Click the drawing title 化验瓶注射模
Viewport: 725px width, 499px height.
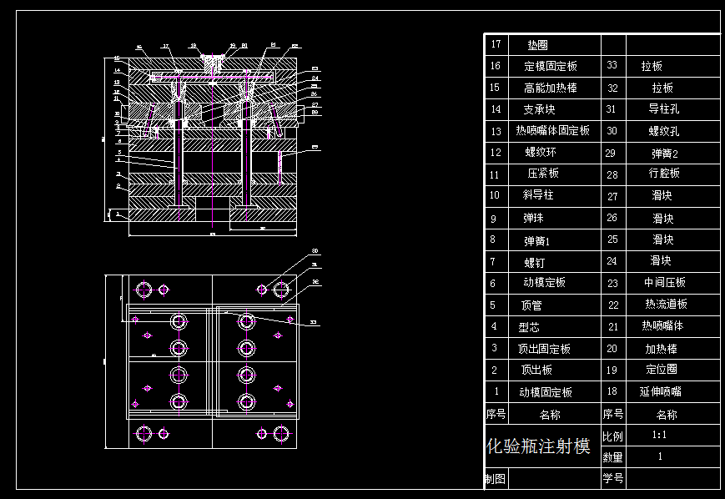pyautogui.click(x=538, y=446)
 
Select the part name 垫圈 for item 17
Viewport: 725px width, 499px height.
pyautogui.click(x=537, y=45)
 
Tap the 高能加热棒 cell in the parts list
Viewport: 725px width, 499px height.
pyautogui.click(x=550, y=88)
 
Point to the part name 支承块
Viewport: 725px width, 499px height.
pyautogui.click(x=539, y=109)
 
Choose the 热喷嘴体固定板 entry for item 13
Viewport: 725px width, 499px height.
pyautogui.click(x=552, y=131)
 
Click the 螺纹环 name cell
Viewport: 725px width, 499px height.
pyautogui.click(x=540, y=153)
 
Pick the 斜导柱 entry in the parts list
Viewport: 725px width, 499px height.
pyautogui.click(x=538, y=195)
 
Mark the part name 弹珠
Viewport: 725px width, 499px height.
pyautogui.click(x=533, y=219)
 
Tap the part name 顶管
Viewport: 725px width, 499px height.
pyautogui.click(x=531, y=305)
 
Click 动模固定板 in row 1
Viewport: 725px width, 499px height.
pyautogui.click(x=546, y=392)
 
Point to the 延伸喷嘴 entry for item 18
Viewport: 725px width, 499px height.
pyautogui.click(x=660, y=391)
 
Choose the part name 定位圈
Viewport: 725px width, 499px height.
pyautogui.click(x=661, y=370)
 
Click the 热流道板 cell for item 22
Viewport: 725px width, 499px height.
pyautogui.click(x=666, y=305)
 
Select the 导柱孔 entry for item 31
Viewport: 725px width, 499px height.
pyautogui.click(x=664, y=108)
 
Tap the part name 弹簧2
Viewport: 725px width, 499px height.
pyautogui.click(x=664, y=154)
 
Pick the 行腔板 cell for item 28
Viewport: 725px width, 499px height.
pyautogui.click(x=666, y=174)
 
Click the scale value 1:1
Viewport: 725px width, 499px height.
pyautogui.click(x=660, y=435)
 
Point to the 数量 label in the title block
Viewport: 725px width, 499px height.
pyautogui.click(x=612, y=457)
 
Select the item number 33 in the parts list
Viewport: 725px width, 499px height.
pyautogui.click(x=612, y=65)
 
